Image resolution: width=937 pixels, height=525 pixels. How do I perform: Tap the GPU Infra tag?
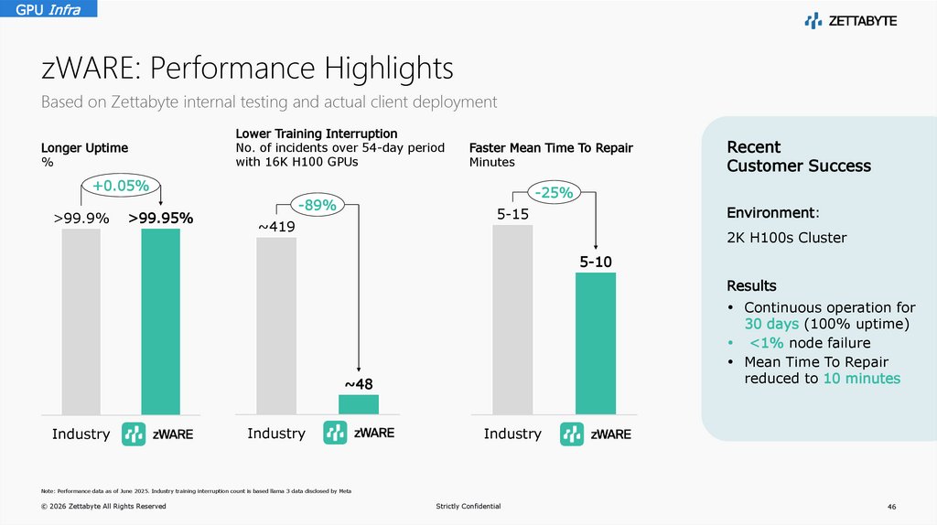coord(48,9)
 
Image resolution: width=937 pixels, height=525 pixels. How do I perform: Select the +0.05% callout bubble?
coord(121,187)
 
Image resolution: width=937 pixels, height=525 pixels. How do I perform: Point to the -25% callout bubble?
coord(555,192)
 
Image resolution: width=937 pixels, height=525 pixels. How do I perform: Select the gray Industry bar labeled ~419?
coord(276,326)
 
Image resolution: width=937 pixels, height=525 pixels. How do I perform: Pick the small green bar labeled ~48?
coord(358,404)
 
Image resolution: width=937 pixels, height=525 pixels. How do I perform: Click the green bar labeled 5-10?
coord(595,343)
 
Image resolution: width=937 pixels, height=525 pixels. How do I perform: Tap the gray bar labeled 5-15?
coord(512,319)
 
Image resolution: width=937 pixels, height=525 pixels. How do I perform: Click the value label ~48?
coord(358,383)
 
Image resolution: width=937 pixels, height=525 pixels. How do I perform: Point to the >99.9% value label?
coord(81,219)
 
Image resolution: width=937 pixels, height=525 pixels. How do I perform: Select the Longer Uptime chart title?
coord(84,147)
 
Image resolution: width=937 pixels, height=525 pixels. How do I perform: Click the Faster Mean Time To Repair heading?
coord(551,147)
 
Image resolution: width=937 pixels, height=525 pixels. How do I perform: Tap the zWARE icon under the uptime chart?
coord(135,434)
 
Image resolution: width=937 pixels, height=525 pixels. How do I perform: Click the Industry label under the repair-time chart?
coord(512,434)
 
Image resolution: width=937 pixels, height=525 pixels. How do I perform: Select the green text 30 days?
coord(770,325)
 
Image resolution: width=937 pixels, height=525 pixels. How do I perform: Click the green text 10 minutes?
coord(861,378)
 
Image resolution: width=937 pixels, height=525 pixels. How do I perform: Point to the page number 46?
coord(891,506)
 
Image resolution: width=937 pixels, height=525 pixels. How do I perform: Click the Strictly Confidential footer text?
coord(468,506)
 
